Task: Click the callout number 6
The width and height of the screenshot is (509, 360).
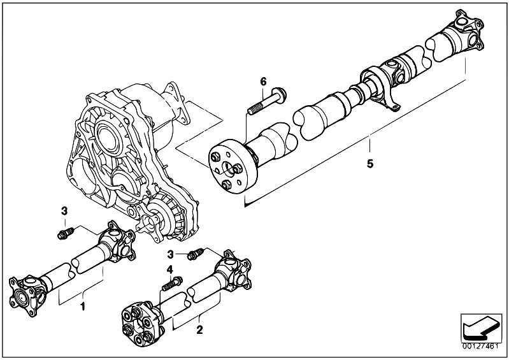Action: [x=262, y=81]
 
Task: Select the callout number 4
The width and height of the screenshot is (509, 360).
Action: [x=169, y=268]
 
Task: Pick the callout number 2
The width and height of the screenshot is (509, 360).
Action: [x=199, y=330]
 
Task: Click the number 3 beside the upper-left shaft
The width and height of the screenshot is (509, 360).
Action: [x=64, y=211]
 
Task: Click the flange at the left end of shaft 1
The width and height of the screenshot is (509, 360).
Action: [x=24, y=289]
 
